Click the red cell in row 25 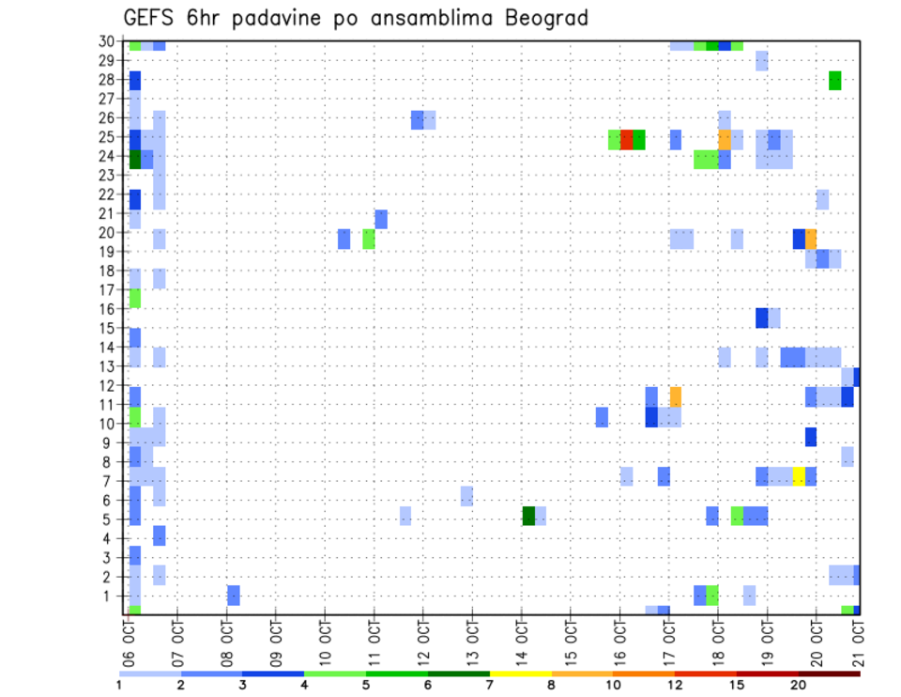tap(626, 139)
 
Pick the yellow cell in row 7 tap(799, 476)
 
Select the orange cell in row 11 tap(676, 396)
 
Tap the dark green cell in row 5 tap(528, 516)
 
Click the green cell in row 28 tap(835, 81)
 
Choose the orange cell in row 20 tap(811, 239)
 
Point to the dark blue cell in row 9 tap(811, 437)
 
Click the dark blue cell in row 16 tap(762, 318)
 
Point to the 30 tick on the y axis tap(108, 40)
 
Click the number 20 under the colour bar tap(799, 685)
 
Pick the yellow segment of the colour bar tap(521, 674)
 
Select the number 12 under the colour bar tap(675, 685)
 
